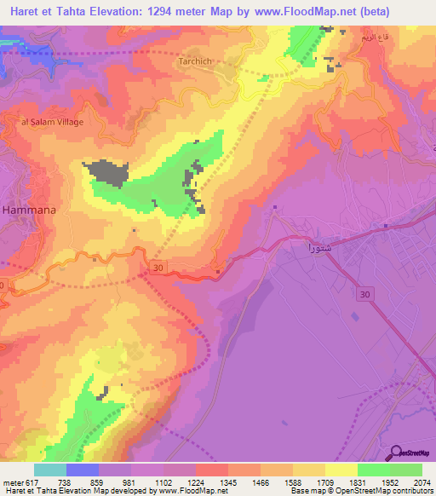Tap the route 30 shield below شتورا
point(365,293)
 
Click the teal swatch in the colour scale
point(50,470)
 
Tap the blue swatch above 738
point(83,470)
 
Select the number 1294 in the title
point(183,12)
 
